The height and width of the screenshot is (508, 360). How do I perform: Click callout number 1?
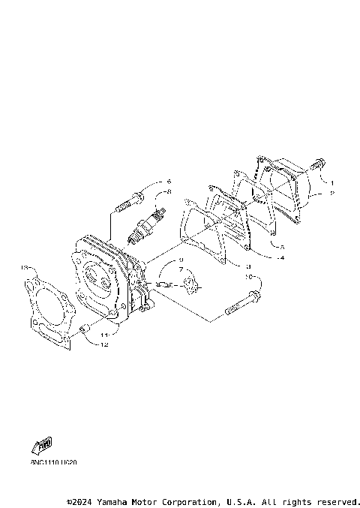click(332, 182)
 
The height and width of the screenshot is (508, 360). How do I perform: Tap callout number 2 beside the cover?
click(332, 193)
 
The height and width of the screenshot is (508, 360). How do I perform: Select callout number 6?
click(169, 182)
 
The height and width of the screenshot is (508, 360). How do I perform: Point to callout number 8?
click(169, 192)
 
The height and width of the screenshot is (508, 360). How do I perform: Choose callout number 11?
click(106, 334)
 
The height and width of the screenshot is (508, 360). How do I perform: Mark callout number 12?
click(106, 345)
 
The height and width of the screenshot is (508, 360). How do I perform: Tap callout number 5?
click(281, 246)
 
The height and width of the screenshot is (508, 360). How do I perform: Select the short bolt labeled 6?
click(129, 201)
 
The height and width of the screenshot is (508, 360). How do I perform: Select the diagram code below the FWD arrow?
click(54, 462)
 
